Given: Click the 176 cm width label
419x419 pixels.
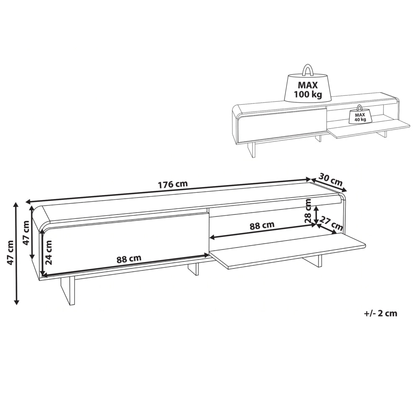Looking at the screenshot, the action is (173, 184).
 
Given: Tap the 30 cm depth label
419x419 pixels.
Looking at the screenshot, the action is (330, 180).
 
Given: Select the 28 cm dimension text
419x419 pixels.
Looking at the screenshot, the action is (309, 211).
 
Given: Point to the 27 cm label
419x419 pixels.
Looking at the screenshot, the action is (331, 224).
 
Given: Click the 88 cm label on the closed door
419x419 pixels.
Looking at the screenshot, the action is (129, 259).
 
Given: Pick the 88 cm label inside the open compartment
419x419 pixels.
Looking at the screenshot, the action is (262, 225).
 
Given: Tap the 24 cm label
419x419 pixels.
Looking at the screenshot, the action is (49, 252).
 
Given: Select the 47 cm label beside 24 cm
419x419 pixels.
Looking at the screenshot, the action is (26, 233).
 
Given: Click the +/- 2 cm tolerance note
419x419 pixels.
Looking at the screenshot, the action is (380, 313).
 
